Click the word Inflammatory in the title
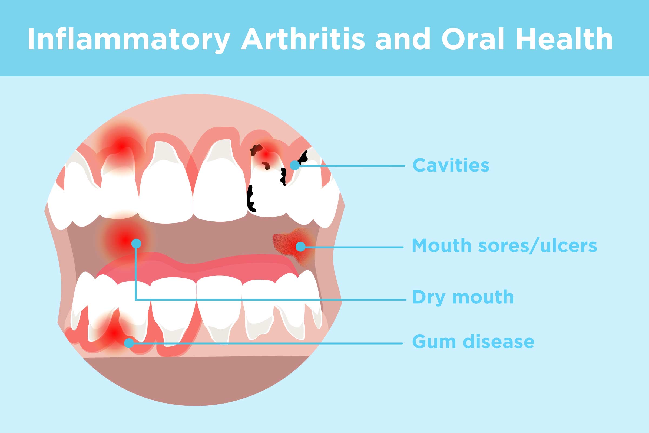[129, 39]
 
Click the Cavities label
[451, 165]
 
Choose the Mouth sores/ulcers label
[504, 245]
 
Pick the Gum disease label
[473, 342]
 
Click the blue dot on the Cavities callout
[295, 165]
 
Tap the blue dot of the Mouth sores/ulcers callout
[300, 246]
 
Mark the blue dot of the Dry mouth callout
[136, 244]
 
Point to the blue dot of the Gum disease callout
[129, 343]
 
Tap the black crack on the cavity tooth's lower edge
[251, 199]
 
